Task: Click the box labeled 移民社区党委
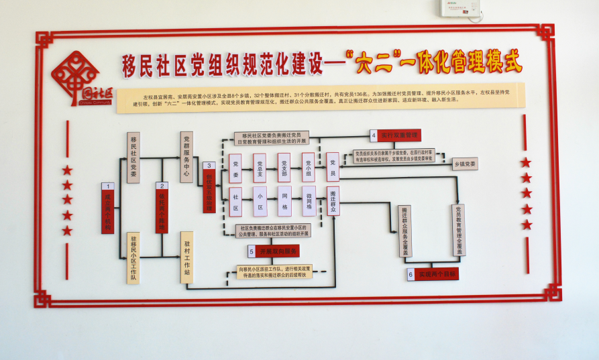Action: pyautogui.click(x=133, y=158)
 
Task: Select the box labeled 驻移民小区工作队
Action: pyautogui.click(x=133, y=258)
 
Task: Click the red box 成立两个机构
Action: pyautogui.click(x=107, y=212)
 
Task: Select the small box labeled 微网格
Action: pyautogui.click(x=309, y=201)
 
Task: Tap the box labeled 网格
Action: pyautogui.click(x=284, y=201)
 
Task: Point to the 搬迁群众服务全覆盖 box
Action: pyautogui.click(x=405, y=231)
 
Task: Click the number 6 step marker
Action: pyautogui.click(x=411, y=274)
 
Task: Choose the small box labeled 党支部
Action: pyautogui.click(x=284, y=168)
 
